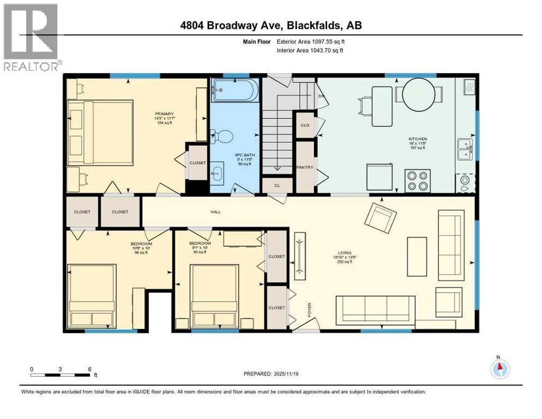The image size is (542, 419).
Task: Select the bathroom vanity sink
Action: coord(217,174)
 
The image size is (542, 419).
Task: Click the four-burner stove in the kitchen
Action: coord(418,180)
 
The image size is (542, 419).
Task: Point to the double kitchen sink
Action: coord(465,148)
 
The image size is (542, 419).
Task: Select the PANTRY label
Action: coord(305,167)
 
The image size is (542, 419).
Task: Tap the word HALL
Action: coord(216,212)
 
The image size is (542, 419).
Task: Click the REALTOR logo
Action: coord(31,38)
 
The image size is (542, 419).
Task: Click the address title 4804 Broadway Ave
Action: coord(271,25)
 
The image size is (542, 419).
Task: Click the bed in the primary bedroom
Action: coord(101,132)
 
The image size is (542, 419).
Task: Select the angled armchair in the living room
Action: coord(380,217)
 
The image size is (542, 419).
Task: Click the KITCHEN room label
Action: coord(418,139)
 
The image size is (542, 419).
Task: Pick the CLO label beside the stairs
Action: coord(305,125)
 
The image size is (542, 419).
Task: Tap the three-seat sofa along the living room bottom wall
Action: coord(375,310)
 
